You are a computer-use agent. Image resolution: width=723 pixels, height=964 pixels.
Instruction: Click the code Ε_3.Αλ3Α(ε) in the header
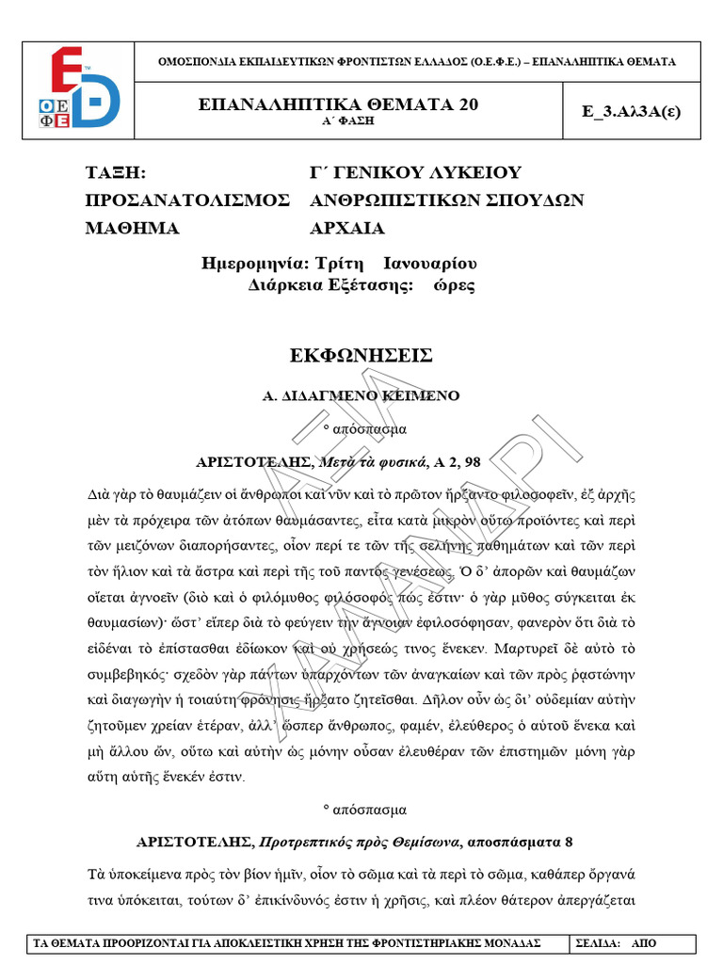point(632,110)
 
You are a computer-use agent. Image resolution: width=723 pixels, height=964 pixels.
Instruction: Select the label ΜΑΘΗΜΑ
point(132,228)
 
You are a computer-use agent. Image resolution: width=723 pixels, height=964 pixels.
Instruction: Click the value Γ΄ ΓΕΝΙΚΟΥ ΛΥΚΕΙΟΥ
point(415,173)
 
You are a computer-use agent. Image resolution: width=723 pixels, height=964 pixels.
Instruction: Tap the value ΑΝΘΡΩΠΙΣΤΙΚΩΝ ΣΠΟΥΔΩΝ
point(447,201)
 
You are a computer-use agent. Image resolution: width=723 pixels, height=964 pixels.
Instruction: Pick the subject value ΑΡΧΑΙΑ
point(347,228)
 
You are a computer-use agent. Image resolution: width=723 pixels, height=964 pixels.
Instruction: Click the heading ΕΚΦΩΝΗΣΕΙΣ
point(362,355)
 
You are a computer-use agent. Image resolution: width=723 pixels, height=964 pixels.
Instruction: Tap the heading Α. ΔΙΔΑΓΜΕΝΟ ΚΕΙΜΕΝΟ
point(361,396)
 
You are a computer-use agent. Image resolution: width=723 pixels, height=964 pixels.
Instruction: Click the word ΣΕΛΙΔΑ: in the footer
point(599,942)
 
